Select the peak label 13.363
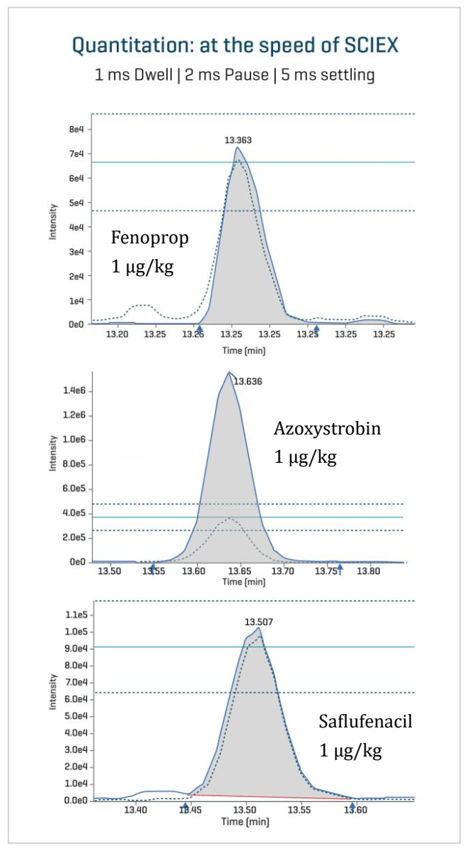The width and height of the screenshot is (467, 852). click(237, 140)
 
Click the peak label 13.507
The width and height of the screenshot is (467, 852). click(258, 621)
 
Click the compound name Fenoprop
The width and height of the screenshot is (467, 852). click(150, 238)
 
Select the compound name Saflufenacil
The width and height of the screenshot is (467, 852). click(365, 723)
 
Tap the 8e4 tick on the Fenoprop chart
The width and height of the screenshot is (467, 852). click(76, 129)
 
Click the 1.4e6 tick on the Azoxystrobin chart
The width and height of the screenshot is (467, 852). click(74, 391)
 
